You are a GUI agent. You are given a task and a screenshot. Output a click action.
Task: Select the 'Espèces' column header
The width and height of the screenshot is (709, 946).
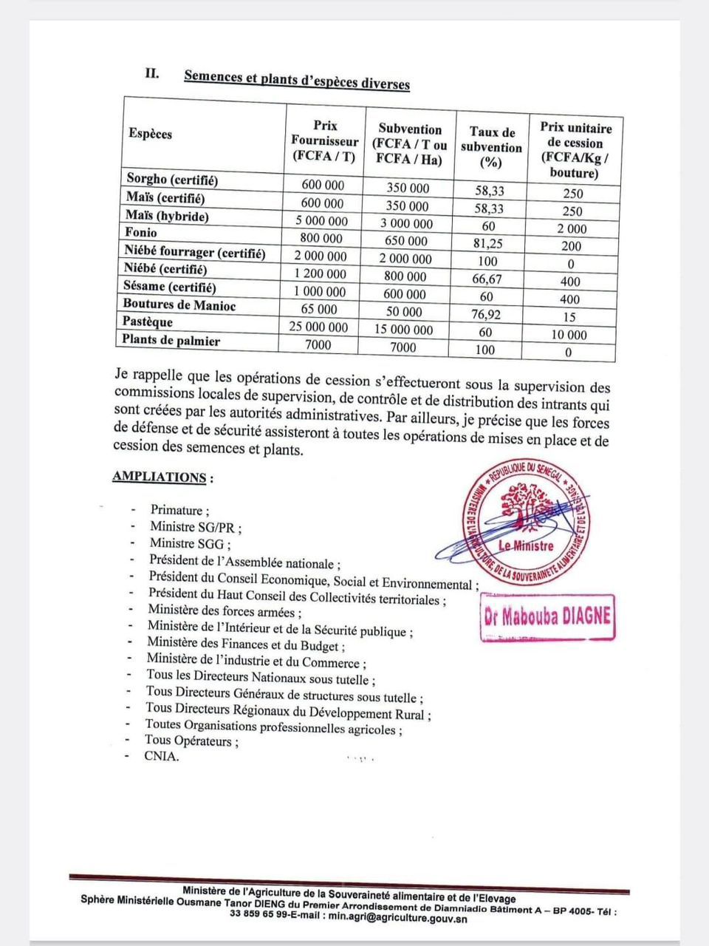[x=150, y=134]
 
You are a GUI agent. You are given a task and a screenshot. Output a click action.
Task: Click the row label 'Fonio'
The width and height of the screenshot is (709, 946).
[x=141, y=233]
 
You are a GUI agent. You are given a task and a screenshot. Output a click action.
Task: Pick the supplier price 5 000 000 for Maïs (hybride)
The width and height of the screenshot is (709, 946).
[x=322, y=221]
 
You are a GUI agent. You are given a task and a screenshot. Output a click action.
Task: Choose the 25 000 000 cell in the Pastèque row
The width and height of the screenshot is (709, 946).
[x=319, y=327]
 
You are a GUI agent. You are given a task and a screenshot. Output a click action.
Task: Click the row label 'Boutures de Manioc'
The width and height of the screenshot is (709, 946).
[x=179, y=304]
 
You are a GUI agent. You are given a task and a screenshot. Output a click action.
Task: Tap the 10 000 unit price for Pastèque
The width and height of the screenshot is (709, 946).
[x=567, y=335]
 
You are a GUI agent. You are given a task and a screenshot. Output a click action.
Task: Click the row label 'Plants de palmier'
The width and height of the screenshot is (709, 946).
[x=171, y=341]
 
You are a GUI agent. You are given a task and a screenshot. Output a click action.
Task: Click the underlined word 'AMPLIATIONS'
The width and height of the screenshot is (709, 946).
[x=160, y=477]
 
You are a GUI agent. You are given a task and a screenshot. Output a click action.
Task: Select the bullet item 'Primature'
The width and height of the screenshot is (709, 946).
[x=178, y=510]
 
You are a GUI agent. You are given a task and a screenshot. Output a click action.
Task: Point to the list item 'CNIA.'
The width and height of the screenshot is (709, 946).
[x=161, y=756]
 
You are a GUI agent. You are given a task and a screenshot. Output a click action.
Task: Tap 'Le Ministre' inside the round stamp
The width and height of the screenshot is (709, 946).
[x=526, y=546]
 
